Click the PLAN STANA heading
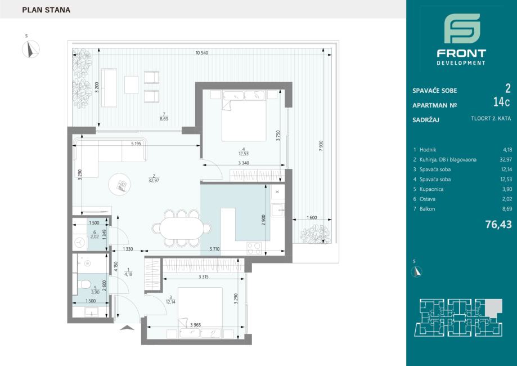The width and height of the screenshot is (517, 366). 46,10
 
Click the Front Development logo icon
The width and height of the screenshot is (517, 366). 462,28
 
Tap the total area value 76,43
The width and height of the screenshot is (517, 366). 498,225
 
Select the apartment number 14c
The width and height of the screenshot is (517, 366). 501,102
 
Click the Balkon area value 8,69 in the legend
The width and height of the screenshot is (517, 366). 507,209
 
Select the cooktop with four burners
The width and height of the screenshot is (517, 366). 254,248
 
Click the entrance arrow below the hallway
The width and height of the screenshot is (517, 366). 127,328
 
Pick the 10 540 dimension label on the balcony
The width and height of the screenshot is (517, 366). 202,53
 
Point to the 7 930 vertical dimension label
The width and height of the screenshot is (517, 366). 321,146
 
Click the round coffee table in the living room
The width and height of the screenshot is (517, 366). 119,185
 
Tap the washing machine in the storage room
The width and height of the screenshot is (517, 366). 79,242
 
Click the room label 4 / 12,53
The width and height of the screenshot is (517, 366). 244,151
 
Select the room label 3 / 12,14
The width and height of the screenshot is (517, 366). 170,300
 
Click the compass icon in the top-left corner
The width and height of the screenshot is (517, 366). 31,49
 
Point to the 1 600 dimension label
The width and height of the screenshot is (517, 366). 312,217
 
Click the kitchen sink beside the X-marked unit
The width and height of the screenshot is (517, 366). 277,210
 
